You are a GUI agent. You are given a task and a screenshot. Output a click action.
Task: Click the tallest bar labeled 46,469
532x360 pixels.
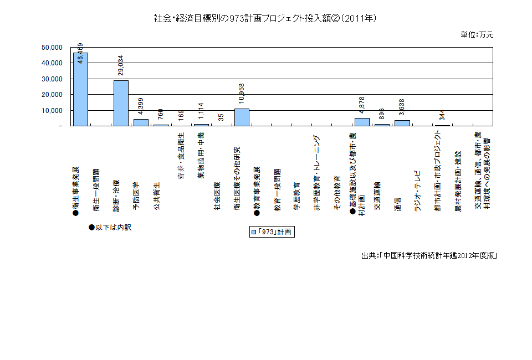tap(80, 89)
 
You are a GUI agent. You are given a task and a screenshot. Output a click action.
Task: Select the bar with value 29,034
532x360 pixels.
tap(121, 103)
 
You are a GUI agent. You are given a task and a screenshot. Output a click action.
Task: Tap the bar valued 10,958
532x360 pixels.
tap(242, 117)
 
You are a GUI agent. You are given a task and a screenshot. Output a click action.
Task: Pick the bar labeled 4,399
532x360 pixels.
tap(141, 122)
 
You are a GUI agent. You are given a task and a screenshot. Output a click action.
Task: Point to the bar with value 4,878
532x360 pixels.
tap(362, 122)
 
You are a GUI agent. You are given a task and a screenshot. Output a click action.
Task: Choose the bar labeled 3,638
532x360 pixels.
tap(402, 123)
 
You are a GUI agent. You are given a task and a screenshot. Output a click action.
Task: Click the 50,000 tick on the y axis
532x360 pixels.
tap(53, 48)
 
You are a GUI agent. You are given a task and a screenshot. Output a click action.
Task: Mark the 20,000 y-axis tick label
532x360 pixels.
tap(53, 95)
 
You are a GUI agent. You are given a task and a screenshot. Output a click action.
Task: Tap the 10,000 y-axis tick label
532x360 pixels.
tap(53, 111)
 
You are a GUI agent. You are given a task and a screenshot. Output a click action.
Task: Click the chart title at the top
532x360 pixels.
tap(266, 19)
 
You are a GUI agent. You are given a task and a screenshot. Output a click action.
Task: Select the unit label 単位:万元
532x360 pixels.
tap(477, 34)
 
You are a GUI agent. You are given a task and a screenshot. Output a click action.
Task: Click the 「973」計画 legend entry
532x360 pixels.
tap(272, 232)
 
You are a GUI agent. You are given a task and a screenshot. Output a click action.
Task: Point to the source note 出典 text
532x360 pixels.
tap(428, 256)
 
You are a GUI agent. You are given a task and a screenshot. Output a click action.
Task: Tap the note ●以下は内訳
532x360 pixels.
tap(110, 227)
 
